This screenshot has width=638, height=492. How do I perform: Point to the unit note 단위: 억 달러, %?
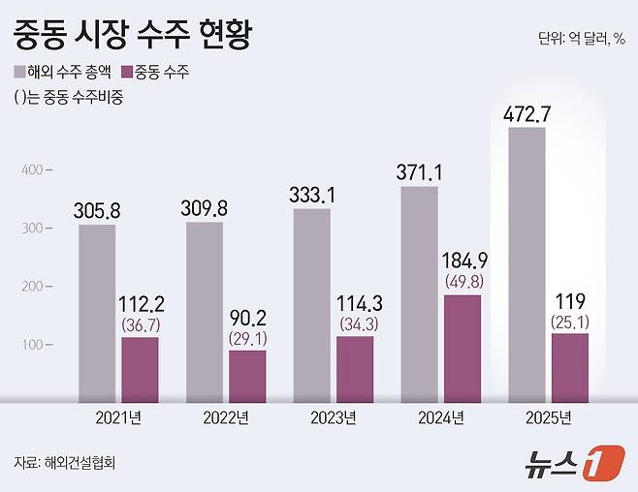tap(580, 39)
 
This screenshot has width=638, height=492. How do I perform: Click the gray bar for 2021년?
tap(97, 313)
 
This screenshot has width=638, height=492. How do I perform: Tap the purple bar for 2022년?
tap(247, 375)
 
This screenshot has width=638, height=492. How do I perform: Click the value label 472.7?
tap(527, 114)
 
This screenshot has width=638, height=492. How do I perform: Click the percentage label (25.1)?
tap(569, 321)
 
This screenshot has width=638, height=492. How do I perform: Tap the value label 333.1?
tap(312, 196)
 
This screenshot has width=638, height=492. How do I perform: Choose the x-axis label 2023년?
tap(334, 418)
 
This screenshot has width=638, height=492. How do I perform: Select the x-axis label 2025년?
tap(548, 418)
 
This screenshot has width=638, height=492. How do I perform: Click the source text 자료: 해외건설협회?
tap(72, 462)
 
